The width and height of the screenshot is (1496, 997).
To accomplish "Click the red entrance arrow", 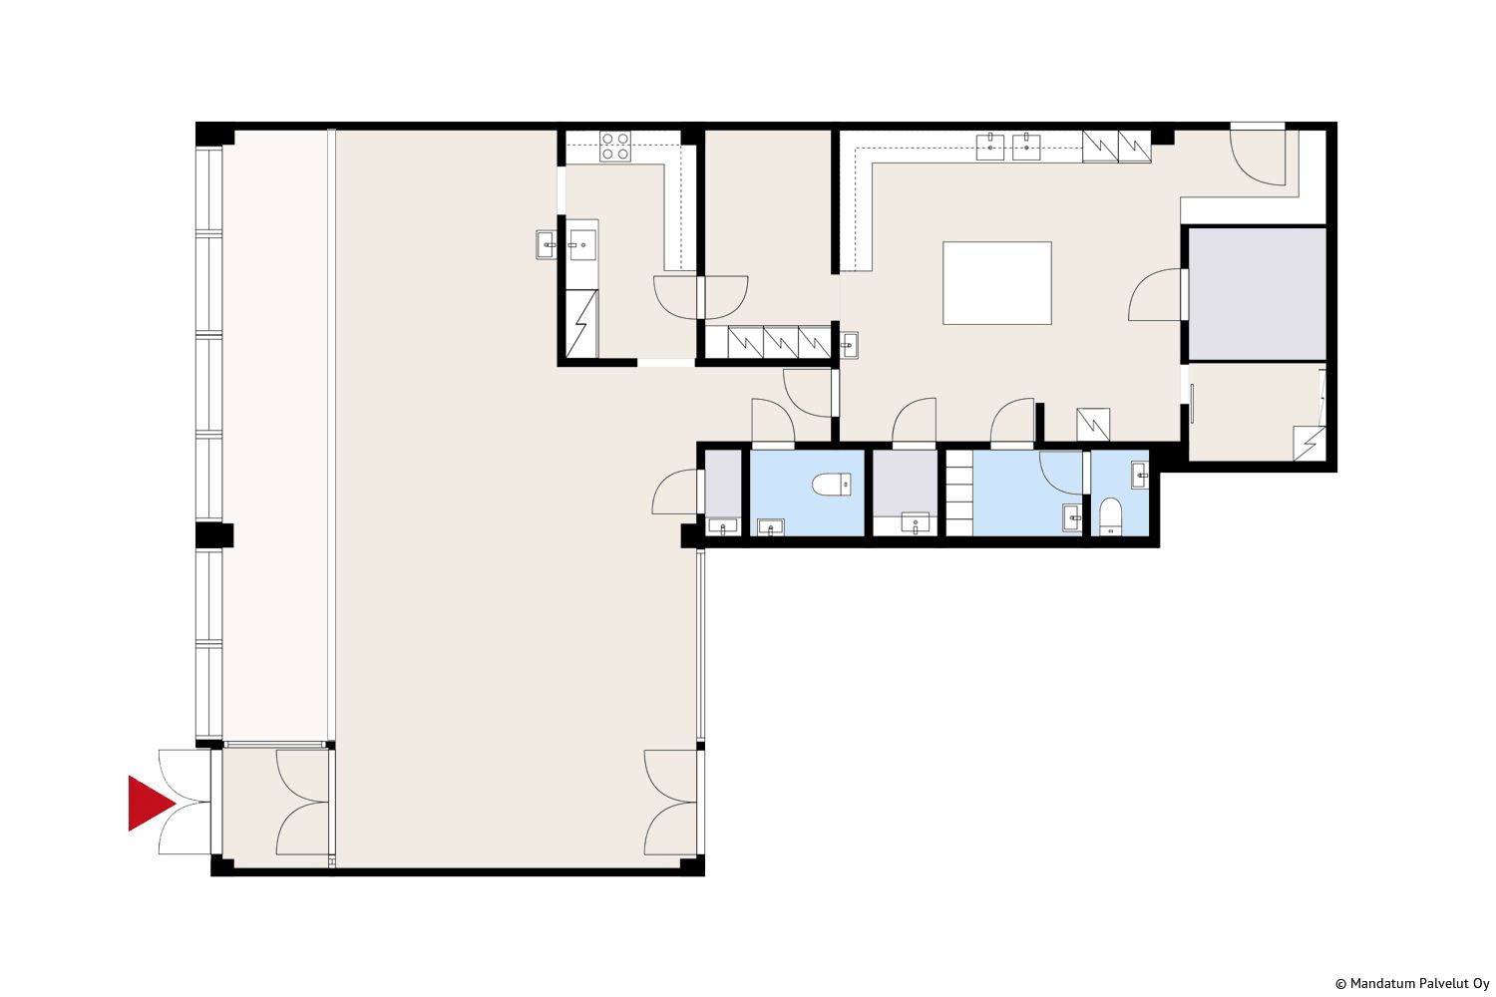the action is [x=151, y=804].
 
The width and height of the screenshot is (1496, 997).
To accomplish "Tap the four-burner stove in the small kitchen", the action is [x=615, y=147].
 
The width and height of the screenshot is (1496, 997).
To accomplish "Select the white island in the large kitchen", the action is [x=997, y=283].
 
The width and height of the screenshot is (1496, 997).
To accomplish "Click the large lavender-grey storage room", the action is [x=1257, y=294].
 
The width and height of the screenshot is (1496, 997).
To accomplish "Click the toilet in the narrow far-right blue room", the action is [x=1111, y=516].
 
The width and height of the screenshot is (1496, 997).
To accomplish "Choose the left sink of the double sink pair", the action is [x=989, y=147].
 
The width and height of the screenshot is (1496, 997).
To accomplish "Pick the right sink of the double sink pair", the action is [x=1026, y=147].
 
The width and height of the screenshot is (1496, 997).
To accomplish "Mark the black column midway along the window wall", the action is [x=214, y=535].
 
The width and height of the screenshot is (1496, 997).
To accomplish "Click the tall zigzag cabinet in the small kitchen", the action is [x=581, y=324].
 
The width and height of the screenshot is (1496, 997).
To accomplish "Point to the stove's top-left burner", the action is [x=607, y=139].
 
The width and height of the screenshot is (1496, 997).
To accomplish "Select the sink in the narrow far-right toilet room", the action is [x=1140, y=476].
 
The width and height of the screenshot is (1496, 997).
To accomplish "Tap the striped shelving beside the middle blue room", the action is [x=959, y=493].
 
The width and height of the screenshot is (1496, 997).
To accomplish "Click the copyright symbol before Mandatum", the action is [x=1341, y=984].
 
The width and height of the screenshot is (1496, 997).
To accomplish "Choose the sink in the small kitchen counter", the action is [x=582, y=245].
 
